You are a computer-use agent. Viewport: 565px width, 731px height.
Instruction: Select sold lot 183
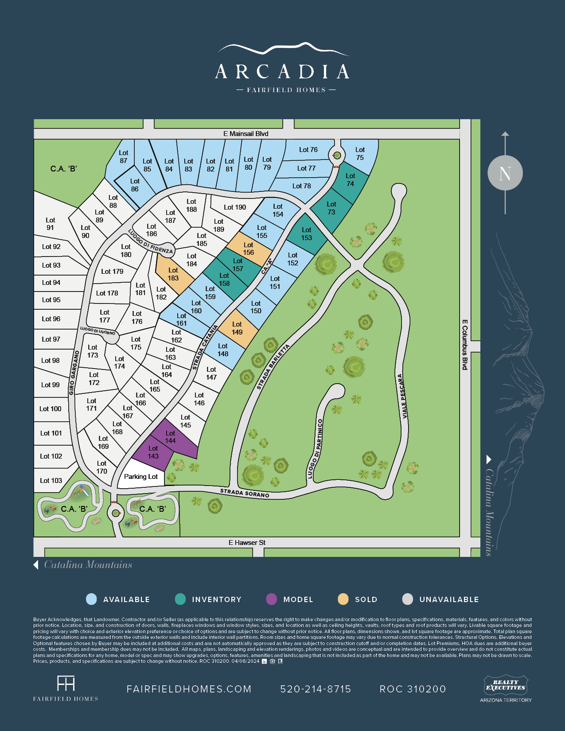[x=173, y=274]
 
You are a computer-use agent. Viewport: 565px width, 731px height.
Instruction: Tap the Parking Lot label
[x=141, y=477]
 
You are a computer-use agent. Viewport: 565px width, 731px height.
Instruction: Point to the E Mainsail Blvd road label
[x=246, y=134]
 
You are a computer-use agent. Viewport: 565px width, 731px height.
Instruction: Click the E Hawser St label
[x=247, y=543]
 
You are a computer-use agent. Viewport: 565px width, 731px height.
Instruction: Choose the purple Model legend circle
[x=271, y=599]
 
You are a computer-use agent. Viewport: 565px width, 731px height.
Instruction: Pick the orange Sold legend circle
[x=343, y=599]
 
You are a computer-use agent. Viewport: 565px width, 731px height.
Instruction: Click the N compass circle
[x=505, y=173]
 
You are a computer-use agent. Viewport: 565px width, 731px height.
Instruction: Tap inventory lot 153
[x=307, y=234]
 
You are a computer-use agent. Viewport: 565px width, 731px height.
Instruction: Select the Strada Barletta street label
[x=273, y=367]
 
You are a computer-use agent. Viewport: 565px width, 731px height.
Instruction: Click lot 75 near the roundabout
[x=360, y=154]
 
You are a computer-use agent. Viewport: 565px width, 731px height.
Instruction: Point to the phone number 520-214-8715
[x=316, y=689]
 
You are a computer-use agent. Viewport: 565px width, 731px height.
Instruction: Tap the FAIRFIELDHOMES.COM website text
[x=189, y=689]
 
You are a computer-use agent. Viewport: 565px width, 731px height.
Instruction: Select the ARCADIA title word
[x=282, y=72]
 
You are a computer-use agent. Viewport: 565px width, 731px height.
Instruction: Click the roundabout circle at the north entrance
[x=337, y=156]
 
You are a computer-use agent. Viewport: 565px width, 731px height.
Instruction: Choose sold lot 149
[x=237, y=328]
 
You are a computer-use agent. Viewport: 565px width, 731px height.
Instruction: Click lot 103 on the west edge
[x=51, y=481]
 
